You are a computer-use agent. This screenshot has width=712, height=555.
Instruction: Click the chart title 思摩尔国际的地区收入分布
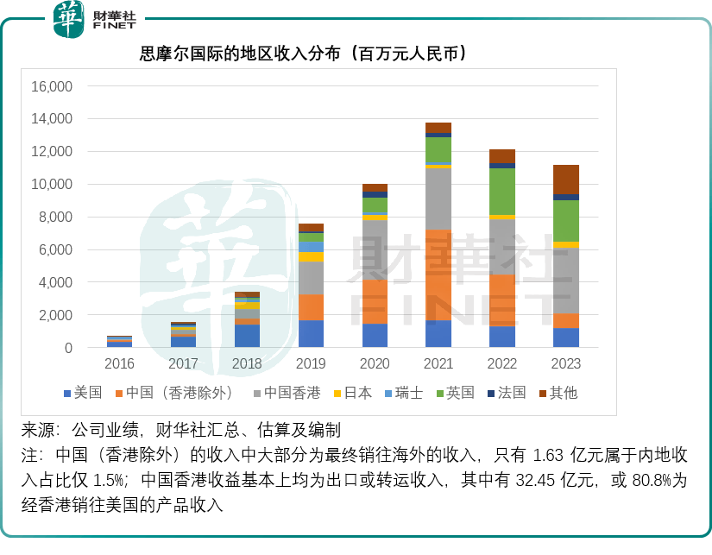pyautogui.click(x=304, y=54)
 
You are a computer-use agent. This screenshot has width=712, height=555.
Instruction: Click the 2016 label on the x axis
pyautogui.click(x=120, y=365)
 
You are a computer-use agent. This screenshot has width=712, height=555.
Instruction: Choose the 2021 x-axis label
pyautogui.click(x=438, y=365)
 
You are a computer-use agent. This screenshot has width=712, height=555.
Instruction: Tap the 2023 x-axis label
pyautogui.click(x=565, y=365)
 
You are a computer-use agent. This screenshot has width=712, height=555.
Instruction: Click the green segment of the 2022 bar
pyautogui.click(x=502, y=191)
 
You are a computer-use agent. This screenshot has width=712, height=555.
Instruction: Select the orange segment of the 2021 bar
pyautogui.click(x=438, y=274)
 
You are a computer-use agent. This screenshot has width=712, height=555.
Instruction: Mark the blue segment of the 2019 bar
pyautogui.click(x=311, y=334)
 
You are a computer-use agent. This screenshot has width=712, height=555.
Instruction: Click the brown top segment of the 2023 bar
pyautogui.click(x=566, y=180)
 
